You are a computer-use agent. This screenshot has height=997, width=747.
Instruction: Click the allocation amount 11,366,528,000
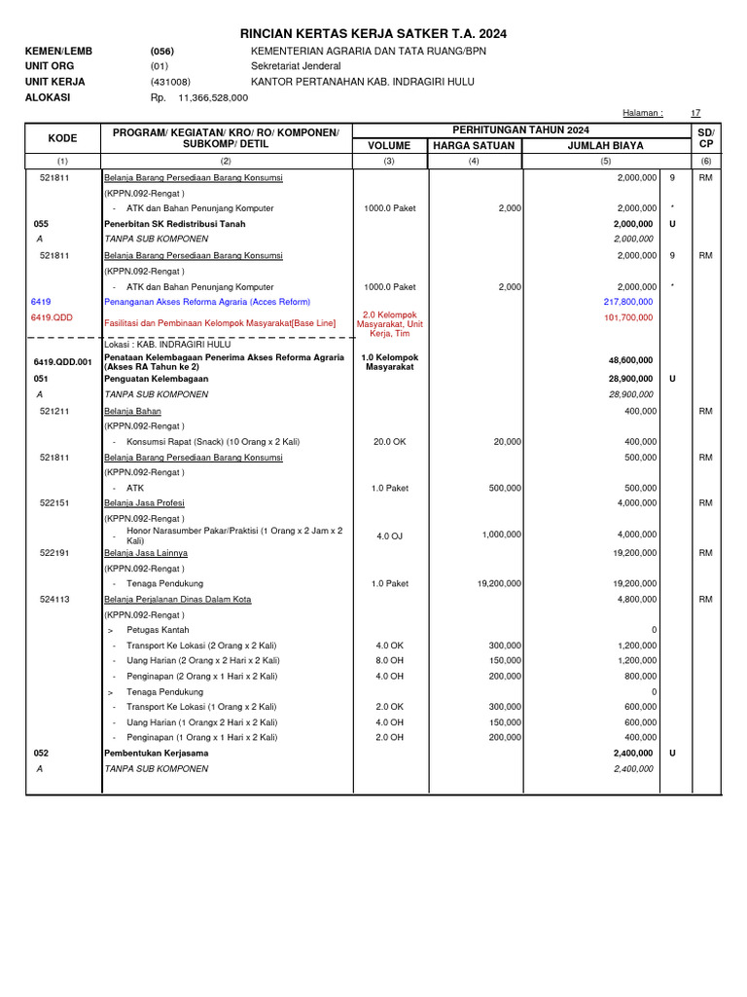click(213, 98)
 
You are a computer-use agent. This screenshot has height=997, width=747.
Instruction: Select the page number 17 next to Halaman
click(694, 113)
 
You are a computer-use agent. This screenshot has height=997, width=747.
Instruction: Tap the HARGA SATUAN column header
click(473, 146)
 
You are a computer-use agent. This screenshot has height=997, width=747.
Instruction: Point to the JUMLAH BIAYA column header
click(605, 146)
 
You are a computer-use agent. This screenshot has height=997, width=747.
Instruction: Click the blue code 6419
click(41, 303)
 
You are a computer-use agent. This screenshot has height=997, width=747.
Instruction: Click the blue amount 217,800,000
click(628, 303)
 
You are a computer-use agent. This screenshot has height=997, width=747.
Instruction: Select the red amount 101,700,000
click(628, 317)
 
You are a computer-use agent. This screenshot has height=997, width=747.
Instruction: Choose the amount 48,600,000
click(630, 360)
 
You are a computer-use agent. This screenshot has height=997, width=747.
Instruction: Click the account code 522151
click(54, 503)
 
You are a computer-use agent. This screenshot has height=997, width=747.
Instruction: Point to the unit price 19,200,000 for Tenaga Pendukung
click(499, 583)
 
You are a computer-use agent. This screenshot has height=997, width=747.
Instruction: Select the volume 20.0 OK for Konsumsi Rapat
click(389, 441)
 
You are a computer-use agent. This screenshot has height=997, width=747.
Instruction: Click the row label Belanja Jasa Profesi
click(144, 503)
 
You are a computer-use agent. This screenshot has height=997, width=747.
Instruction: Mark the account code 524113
click(54, 600)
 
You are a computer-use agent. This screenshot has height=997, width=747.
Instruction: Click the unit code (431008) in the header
click(170, 83)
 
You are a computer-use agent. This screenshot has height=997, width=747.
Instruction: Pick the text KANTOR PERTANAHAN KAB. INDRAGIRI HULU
click(369, 83)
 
